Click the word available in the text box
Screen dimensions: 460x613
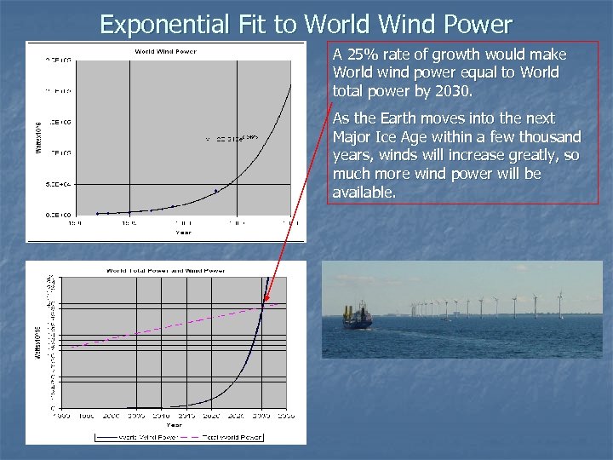coord(364,193)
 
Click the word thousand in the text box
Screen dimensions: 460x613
coord(551,137)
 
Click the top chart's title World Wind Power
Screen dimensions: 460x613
coord(165,51)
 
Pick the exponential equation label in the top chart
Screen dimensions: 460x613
coord(231,138)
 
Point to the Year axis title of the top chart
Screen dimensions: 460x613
coord(183,232)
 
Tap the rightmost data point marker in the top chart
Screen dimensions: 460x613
coord(216,190)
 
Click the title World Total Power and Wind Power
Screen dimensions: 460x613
coord(165,270)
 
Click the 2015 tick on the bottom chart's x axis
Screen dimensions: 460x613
coord(187,416)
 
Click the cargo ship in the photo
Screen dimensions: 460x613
coord(358,317)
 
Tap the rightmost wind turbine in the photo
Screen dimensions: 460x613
coord(559,303)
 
